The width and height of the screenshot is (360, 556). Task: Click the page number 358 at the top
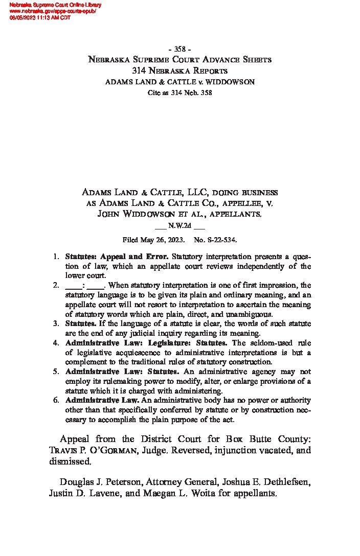pyautogui.click(x=180, y=49)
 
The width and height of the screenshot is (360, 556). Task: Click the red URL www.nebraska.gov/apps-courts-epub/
pyautogui.click(x=53, y=11)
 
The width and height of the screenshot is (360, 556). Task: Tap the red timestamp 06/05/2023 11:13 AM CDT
pyautogui.click(x=40, y=17)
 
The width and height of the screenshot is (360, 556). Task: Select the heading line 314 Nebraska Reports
pyautogui.click(x=180, y=71)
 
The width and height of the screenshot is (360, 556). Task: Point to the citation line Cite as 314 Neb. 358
pyautogui.click(x=180, y=92)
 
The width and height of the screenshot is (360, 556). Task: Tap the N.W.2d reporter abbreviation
pyautogui.click(x=180, y=225)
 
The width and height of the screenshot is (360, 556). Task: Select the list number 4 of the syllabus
pyautogui.click(x=56, y=343)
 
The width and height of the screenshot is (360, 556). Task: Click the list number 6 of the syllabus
pyautogui.click(x=56, y=401)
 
